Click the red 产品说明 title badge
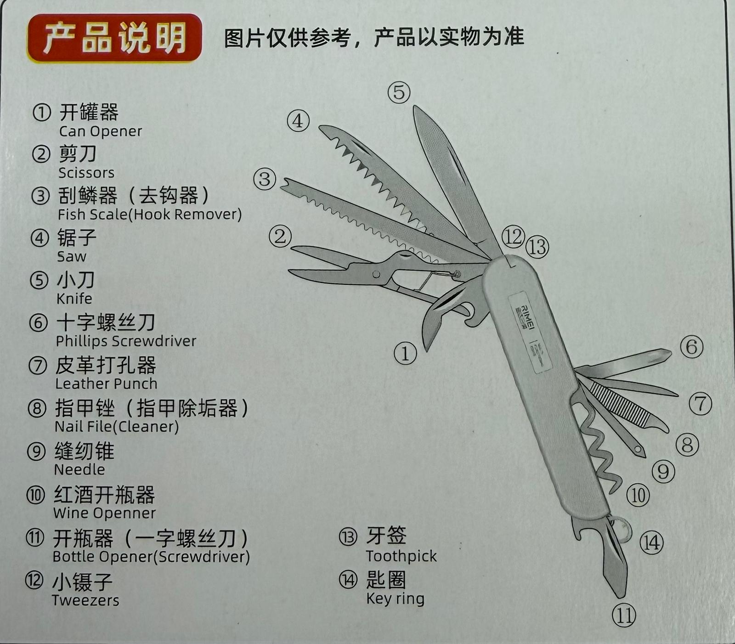[114, 38]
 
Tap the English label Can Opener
[101, 131]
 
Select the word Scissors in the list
[86, 173]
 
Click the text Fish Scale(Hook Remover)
[150, 215]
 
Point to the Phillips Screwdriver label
[126, 341]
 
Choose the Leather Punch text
[106, 384]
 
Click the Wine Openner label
[104, 513]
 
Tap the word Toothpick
[401, 556]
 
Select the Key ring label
[395, 599]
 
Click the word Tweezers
[85, 600]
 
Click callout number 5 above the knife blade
[399, 92]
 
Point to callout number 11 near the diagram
[624, 615]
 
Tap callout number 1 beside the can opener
[405, 354]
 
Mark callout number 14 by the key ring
[651, 543]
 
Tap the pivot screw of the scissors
[376, 275]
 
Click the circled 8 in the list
[37, 408]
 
